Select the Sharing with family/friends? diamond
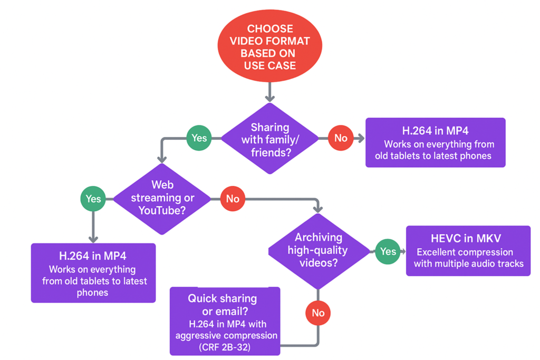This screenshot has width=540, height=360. (270, 139)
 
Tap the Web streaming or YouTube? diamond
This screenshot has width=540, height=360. (162, 198)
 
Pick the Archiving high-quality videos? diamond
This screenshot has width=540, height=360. (319, 250)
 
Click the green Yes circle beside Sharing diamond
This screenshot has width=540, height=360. (199, 138)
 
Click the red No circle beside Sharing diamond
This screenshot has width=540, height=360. (341, 138)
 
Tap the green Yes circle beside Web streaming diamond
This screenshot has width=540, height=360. (93, 199)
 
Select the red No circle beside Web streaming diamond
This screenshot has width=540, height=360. (233, 199)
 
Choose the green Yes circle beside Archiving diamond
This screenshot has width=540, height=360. (388, 251)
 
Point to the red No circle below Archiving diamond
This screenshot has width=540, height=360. (318, 313)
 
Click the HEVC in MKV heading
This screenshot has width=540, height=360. (468, 239)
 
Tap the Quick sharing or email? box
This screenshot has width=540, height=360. (225, 321)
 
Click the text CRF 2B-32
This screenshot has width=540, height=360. (225, 347)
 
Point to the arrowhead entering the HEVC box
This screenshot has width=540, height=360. (403, 251)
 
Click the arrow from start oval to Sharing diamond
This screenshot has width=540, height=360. (270, 91)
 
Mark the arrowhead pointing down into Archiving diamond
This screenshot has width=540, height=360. (318, 209)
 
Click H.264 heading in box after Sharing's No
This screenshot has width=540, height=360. (435, 131)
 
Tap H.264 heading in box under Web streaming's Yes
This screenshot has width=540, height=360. (92, 257)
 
